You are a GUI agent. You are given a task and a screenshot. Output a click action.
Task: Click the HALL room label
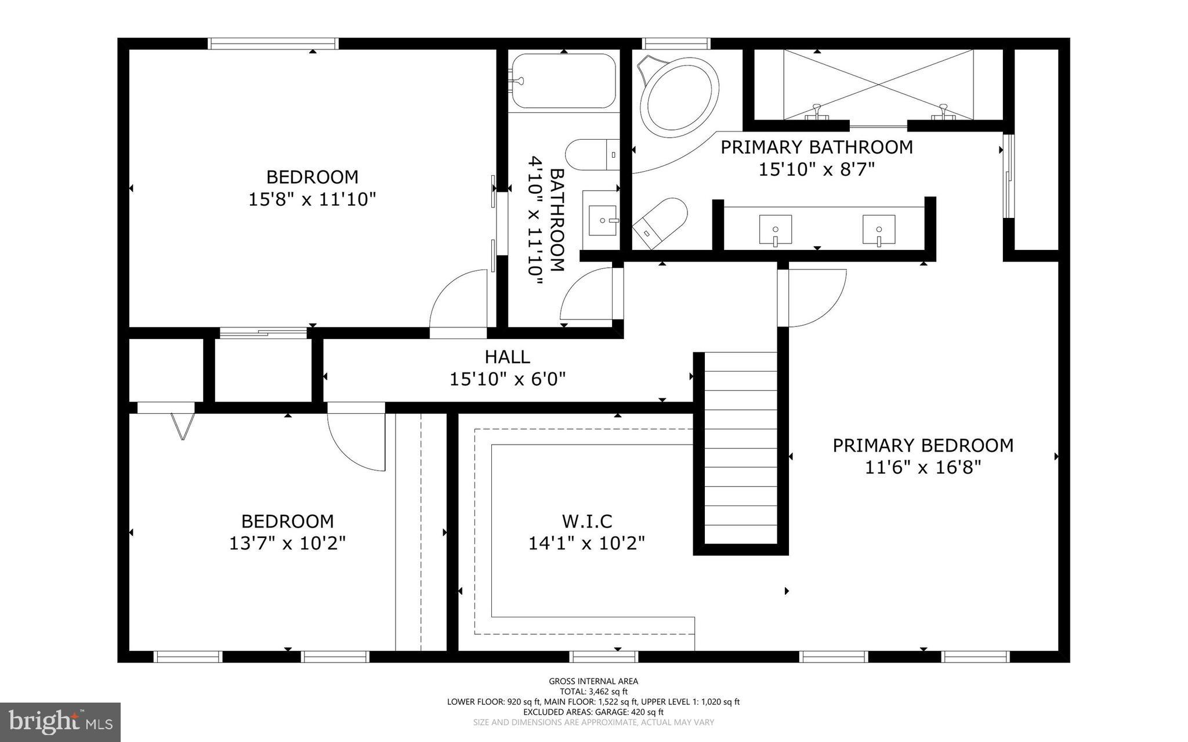tap(508, 357)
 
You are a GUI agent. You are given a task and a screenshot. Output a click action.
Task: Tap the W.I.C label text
tap(586, 521)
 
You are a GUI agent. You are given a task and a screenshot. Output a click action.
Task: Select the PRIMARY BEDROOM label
tap(923, 445)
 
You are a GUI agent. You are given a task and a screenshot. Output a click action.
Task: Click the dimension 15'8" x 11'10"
tap(313, 199)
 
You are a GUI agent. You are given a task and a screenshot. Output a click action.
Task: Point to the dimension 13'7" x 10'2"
tap(288, 544)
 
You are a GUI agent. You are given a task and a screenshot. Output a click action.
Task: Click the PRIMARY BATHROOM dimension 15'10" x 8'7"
tap(817, 169)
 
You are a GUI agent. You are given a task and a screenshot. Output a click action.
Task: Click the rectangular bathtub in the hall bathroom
tap(563, 81)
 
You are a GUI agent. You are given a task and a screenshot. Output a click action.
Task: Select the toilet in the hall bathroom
tap(592, 155)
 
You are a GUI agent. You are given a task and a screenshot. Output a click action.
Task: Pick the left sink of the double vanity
tap(776, 230)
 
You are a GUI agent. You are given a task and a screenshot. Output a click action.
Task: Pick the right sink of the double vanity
tap(879, 230)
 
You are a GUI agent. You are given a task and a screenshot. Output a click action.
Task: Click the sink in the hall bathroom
tap(603, 220)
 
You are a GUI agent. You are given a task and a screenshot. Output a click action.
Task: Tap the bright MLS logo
tap(60, 722)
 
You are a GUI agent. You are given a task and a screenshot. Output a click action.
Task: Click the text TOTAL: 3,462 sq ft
tap(593, 692)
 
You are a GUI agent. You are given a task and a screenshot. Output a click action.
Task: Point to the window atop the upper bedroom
tap(273, 43)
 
